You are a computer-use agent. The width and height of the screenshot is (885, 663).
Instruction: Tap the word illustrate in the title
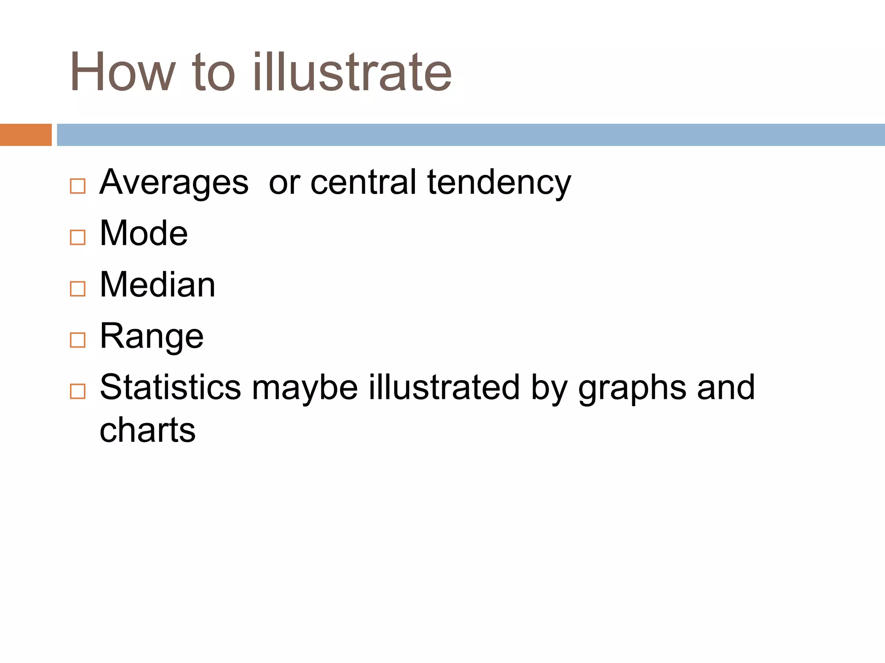coord(352,73)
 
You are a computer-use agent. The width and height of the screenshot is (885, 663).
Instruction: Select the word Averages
coord(174,183)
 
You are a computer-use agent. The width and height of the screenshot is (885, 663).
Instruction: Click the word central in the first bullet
coord(363,183)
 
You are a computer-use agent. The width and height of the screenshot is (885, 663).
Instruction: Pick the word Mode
coord(144,234)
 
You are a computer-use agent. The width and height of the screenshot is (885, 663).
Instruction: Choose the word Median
coord(157,285)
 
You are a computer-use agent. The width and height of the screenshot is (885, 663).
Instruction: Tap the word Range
coord(151,337)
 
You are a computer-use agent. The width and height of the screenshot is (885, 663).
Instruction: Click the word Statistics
coord(170,387)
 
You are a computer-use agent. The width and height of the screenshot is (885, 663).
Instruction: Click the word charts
coord(147,430)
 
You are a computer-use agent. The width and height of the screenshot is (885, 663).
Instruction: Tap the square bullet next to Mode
coord(78,237)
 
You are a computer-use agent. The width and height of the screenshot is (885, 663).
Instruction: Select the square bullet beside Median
coord(78,289)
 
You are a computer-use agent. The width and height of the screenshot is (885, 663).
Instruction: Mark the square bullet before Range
coord(78,340)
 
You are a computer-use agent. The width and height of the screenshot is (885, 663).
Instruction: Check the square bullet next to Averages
coord(78,186)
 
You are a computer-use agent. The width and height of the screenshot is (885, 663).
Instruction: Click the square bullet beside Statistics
coord(78,391)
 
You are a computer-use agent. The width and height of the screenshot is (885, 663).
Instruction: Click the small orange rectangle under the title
coord(25,135)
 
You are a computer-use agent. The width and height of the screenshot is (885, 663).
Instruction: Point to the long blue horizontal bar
coord(471,135)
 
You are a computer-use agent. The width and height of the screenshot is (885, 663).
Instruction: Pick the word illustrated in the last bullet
coord(444,387)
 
